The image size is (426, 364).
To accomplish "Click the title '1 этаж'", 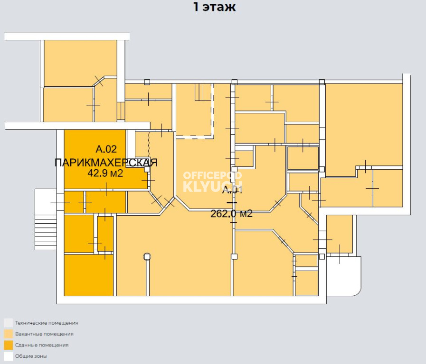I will click(x=214, y=7).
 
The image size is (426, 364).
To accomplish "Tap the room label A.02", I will click(x=106, y=149).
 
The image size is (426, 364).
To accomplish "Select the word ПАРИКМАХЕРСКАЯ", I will click(x=106, y=163).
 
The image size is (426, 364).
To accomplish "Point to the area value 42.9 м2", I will click(x=105, y=173).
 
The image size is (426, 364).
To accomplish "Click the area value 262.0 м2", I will click(x=231, y=214).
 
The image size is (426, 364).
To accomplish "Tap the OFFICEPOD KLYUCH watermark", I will click(x=212, y=182).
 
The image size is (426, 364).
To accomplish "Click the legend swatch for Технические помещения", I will click(x=9, y=323).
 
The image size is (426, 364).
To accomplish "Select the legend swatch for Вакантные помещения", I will click(x=9, y=334).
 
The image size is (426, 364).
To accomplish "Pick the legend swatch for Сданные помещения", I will click(x=9, y=345).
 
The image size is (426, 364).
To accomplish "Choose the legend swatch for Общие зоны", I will click(x=9, y=356).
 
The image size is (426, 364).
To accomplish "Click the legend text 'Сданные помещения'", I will click(x=42, y=345).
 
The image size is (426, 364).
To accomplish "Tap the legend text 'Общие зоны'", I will click(x=31, y=356).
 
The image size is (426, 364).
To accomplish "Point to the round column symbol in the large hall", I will click(x=147, y=256).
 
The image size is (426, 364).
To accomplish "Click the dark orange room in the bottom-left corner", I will click(x=89, y=275).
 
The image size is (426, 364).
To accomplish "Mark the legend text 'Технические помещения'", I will click(x=47, y=323).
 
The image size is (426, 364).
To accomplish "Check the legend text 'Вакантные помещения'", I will click(x=44, y=334).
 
